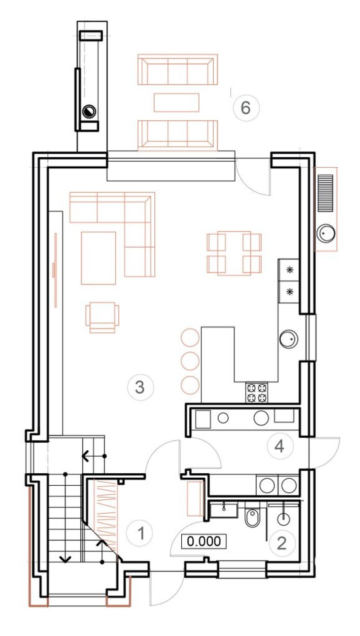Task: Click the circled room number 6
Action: (246, 107)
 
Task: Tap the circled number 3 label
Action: (140, 387)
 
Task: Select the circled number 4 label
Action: (280, 446)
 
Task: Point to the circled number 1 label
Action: (141, 533)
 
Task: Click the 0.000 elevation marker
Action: (204, 541)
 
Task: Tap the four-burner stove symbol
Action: (257, 393)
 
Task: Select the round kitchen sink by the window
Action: (289, 339)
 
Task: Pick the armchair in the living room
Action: (102, 318)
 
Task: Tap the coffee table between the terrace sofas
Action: (177, 102)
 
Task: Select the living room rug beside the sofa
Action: (98, 258)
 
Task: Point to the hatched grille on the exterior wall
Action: (325, 193)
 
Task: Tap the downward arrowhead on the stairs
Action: (65, 560)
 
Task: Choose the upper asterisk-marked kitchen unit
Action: (289, 269)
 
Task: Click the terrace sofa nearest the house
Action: (178, 135)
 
